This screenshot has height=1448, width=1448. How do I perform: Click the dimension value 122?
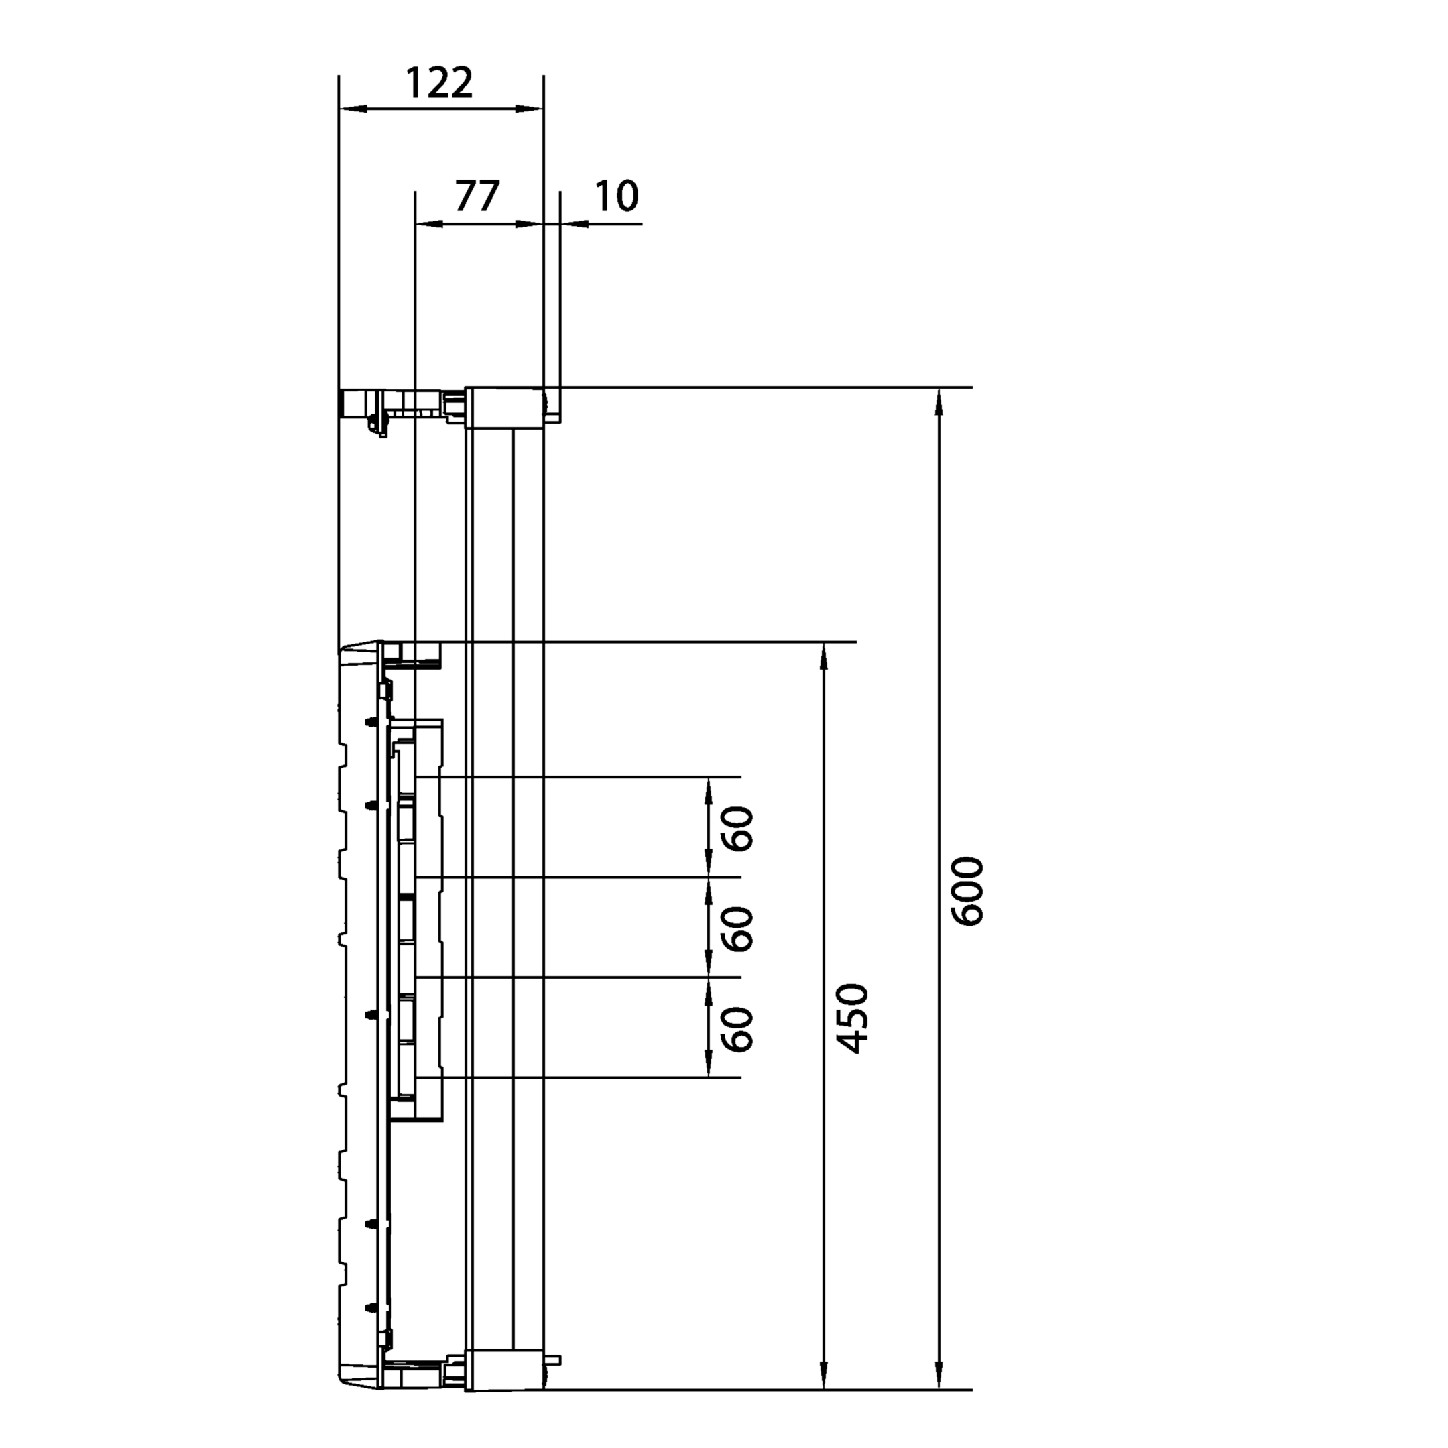coord(439,83)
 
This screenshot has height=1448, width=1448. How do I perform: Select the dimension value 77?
coord(477,196)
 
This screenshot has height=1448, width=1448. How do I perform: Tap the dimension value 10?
coord(617,196)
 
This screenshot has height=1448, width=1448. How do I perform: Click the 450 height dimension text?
coord(851,1019)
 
